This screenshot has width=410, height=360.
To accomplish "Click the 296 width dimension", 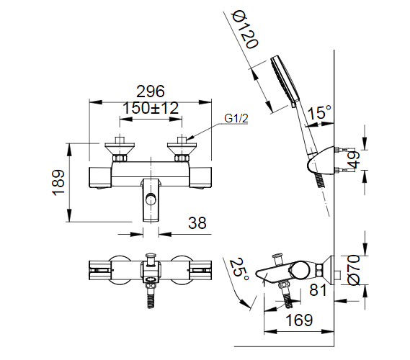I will [x=150, y=91].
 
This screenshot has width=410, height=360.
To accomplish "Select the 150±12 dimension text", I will [x=150, y=108].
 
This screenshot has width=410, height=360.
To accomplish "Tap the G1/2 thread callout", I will [x=236, y=118].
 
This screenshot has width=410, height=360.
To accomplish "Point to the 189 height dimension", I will [x=58, y=183].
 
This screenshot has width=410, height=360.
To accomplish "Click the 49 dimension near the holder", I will [x=353, y=160].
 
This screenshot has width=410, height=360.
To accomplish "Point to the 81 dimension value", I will [x=318, y=289].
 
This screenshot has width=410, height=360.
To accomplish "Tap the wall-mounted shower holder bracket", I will [x=321, y=163].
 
